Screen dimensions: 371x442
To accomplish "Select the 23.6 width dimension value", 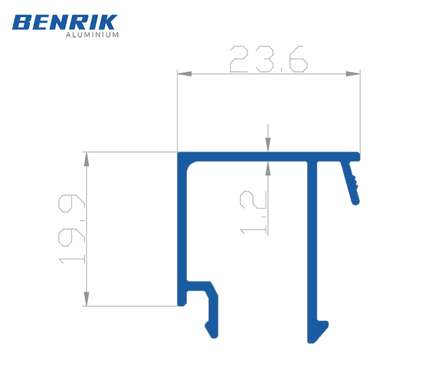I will [x=268, y=59].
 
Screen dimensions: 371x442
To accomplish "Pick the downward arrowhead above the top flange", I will [x=268, y=144].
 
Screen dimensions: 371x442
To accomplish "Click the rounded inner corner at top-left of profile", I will [x=191, y=166].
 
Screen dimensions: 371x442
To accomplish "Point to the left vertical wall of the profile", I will [x=181, y=232].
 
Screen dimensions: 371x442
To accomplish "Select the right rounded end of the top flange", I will [x=357, y=156].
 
